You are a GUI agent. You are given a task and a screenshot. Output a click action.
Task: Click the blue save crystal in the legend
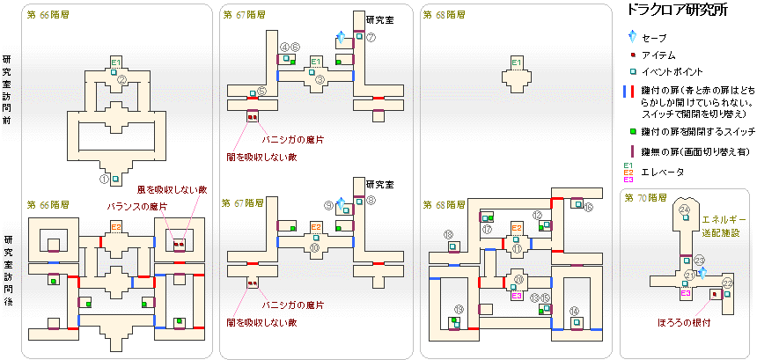[631, 38]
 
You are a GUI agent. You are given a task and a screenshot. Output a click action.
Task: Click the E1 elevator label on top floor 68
[517, 61]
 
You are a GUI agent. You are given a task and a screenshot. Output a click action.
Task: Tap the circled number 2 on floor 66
[123, 79]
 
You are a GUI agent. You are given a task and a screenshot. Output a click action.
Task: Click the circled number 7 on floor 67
[371, 37]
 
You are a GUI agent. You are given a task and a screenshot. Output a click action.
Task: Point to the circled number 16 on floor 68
[589, 207]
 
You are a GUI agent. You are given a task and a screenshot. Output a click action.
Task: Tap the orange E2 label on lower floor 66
[116, 226]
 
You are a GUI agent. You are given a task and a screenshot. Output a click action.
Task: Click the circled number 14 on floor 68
[574, 310]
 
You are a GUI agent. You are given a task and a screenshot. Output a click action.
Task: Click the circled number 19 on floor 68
[459, 308]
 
